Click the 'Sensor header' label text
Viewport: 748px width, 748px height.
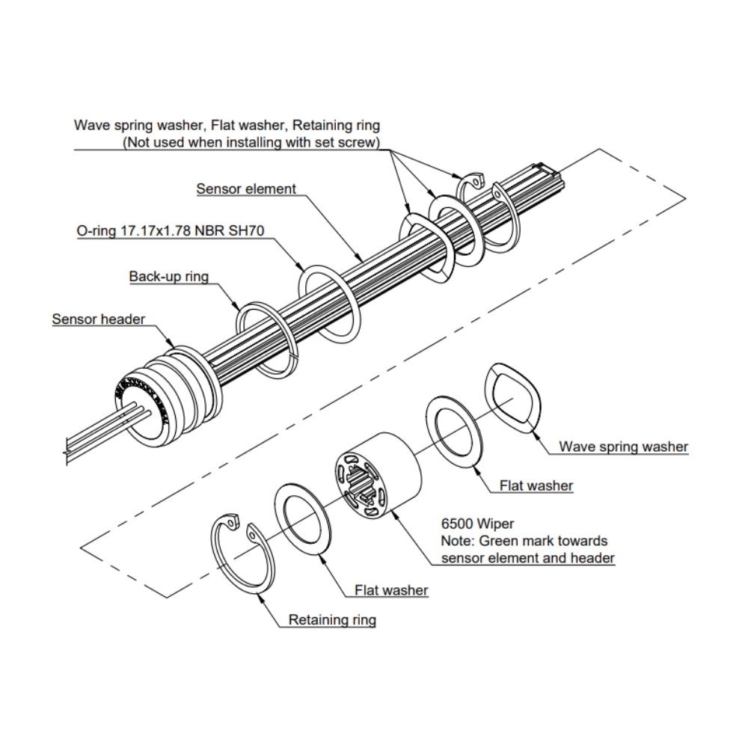pyautogui.click(x=98, y=319)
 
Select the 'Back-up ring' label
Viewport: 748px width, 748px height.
pyautogui.click(x=168, y=277)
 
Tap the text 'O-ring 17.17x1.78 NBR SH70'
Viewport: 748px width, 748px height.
pyautogui.click(x=171, y=232)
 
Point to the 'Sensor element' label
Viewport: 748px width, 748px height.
pyautogui.click(x=246, y=189)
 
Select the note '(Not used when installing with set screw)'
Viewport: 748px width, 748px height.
pyautogui.click(x=251, y=141)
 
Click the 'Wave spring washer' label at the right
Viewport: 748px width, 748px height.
pyautogui.click(x=623, y=447)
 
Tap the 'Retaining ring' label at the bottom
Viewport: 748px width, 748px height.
pyautogui.click(x=332, y=619)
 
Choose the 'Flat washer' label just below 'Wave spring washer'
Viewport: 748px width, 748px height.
pyautogui.click(x=536, y=485)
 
